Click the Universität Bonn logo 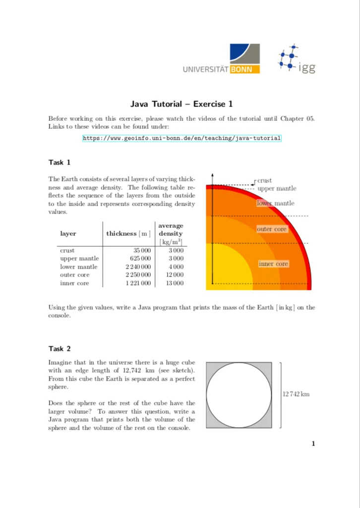[x=221, y=59]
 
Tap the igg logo [x=296, y=60]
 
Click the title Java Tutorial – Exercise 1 [x=181, y=104]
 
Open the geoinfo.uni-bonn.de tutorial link [x=181, y=138]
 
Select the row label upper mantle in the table [x=79, y=259]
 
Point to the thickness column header [x=128, y=233]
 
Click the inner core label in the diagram [x=273, y=264]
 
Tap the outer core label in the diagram [x=272, y=229]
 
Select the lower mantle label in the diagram [x=275, y=203]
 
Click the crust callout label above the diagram [x=264, y=180]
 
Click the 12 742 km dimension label [x=296, y=394]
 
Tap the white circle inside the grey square [x=239, y=395]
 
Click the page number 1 [x=313, y=444]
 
